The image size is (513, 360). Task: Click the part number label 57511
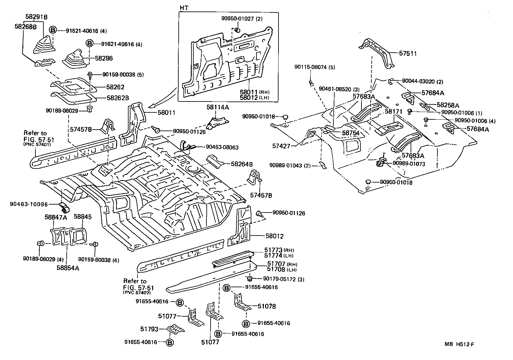coord(408,54)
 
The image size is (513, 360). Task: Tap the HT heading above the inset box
coord(184,8)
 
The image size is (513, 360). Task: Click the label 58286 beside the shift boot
coord(104,58)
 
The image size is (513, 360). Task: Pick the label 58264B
coord(242,164)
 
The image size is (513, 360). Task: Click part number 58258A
coord(448,105)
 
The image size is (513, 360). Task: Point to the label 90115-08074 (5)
coord(314,67)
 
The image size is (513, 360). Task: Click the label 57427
coord(281,146)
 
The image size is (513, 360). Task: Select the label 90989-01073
coord(409,163)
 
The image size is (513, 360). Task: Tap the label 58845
coord(83,217)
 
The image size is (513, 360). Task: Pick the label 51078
coord(267,306)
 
